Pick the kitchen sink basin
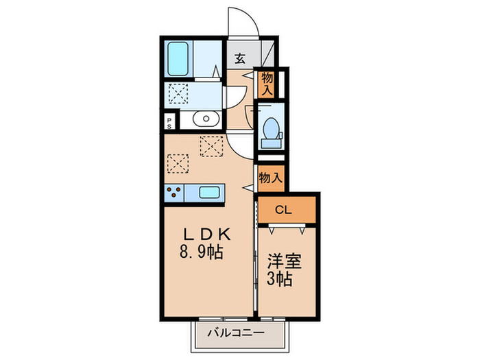(x=208, y=193)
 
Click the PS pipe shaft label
(x=169, y=122)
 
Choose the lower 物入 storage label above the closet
(x=270, y=178)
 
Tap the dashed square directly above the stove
(x=176, y=163)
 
